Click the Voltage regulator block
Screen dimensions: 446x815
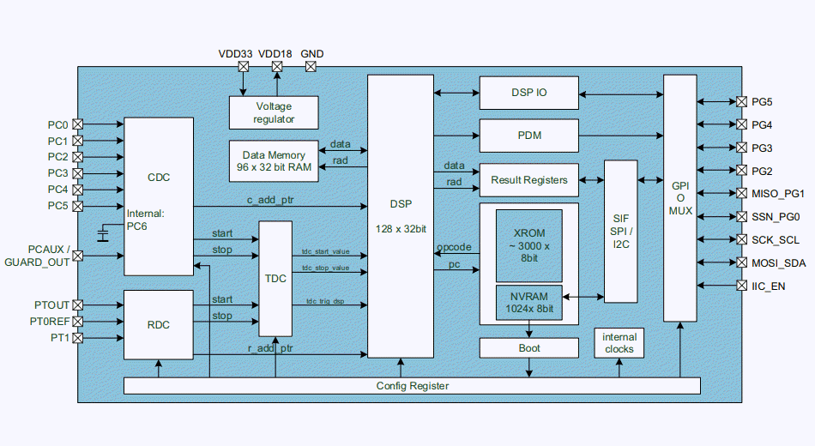(274, 112)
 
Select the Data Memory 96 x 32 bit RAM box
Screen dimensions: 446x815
(274, 160)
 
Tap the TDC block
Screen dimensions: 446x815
(275, 279)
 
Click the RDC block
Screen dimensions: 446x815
(159, 325)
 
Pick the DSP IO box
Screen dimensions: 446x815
(528, 93)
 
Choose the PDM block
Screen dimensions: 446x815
(528, 136)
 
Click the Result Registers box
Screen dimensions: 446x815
(528, 180)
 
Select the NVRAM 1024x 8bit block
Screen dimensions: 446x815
(528, 302)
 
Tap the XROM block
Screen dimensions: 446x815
(528, 245)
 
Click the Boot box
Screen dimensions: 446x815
(528, 348)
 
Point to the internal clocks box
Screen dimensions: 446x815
(619, 343)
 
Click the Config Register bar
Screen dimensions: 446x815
(412, 386)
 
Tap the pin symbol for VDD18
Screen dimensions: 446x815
(276, 66)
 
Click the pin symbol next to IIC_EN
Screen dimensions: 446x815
(742, 286)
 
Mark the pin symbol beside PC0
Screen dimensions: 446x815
(78, 124)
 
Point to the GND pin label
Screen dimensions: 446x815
(312, 53)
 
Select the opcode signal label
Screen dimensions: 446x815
(453, 247)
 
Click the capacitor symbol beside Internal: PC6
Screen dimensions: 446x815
(104, 234)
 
